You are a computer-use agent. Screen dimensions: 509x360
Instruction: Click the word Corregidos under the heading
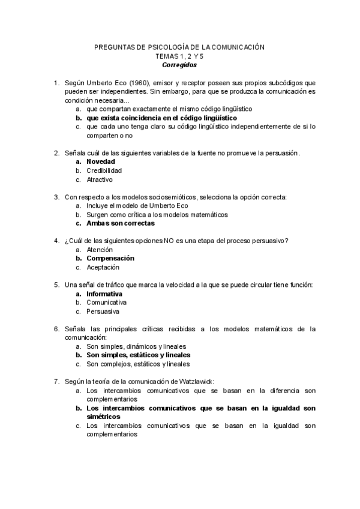click(x=179, y=65)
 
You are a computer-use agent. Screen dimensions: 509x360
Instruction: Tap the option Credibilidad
click(x=104, y=170)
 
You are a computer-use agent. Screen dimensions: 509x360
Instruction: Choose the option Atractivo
click(x=99, y=179)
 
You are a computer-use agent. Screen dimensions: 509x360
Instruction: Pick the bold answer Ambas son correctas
click(x=121, y=223)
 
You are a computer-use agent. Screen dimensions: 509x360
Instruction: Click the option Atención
click(x=99, y=250)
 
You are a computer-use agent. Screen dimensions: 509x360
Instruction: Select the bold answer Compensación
click(x=110, y=258)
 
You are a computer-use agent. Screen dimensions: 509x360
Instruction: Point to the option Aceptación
click(x=103, y=267)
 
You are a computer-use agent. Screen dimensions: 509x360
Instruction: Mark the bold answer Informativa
click(x=104, y=294)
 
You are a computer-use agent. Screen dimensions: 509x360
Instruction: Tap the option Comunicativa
click(x=106, y=303)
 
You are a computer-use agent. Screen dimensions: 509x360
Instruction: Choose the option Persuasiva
click(x=103, y=312)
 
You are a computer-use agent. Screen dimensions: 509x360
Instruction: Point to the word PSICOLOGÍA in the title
click(x=154, y=47)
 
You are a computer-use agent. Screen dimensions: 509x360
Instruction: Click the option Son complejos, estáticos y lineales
click(x=138, y=364)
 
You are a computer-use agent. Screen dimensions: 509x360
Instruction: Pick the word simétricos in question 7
click(x=103, y=417)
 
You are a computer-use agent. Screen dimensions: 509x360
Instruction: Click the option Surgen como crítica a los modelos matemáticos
click(x=157, y=214)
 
